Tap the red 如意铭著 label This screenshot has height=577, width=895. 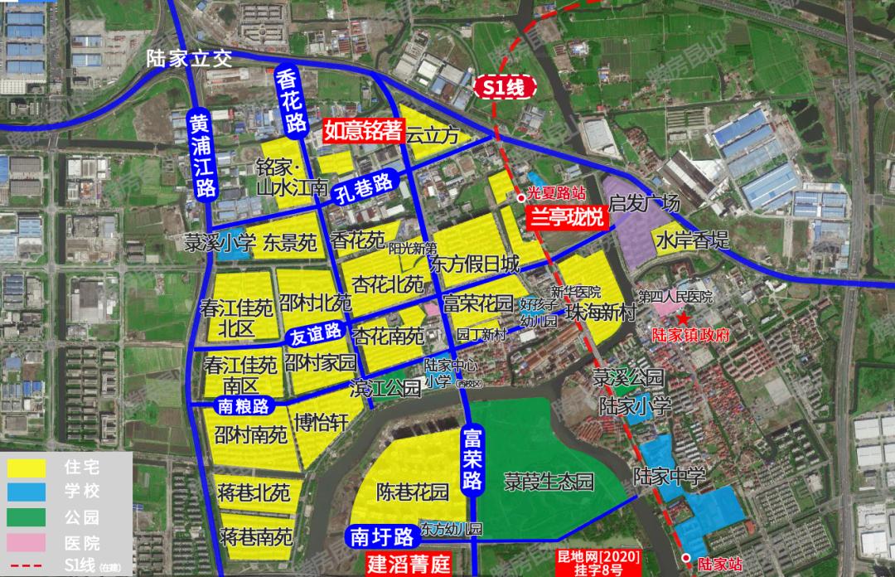coord(363,131)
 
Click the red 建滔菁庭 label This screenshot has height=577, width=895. coord(409,565)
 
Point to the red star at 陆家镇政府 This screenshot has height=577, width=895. coord(682,318)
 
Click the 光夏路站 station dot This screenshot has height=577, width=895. coord(520,197)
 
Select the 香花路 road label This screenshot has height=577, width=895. coord(290,103)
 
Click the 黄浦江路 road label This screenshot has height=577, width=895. coord(201,155)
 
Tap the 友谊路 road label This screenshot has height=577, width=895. coord(316,335)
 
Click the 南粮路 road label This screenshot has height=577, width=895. coord(243,406)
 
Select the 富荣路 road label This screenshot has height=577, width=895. coord(472,458)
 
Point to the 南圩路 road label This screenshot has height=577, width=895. coord(381,536)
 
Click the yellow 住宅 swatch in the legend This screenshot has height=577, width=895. coord(27,467)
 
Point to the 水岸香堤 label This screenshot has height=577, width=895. coord(693,241)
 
